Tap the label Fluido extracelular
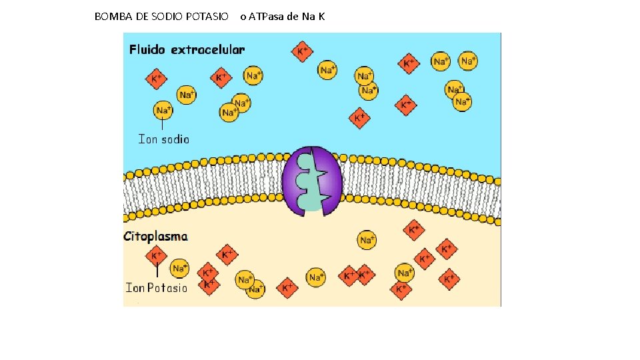point(187,49)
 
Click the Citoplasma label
point(155,236)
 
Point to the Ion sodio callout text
point(163,139)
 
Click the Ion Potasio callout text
point(157,288)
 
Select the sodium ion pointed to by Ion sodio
point(163,110)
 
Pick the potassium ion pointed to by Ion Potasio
point(157,255)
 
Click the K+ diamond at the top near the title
point(303,51)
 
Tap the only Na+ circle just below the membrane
point(367,240)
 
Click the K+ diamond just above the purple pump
point(360,119)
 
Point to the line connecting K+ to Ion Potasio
point(157,271)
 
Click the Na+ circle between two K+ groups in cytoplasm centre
point(316,277)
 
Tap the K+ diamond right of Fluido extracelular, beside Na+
point(221,77)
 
